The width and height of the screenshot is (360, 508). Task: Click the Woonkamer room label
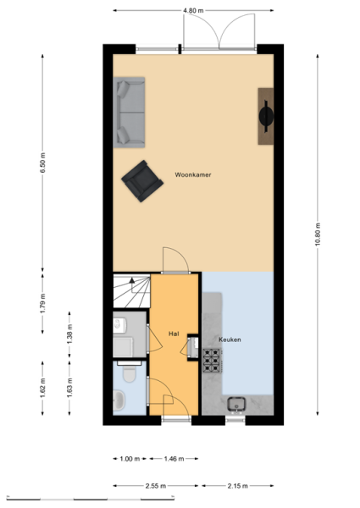(193, 175)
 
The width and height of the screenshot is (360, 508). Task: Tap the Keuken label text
(230, 340)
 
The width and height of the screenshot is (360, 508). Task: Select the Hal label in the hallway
(174, 334)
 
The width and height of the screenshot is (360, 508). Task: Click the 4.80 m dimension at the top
(193, 11)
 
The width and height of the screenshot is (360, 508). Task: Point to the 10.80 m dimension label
(318, 235)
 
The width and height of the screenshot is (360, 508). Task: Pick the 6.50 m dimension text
(42, 163)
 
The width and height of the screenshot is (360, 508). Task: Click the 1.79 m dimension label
(42, 303)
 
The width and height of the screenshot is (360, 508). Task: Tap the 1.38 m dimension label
(69, 334)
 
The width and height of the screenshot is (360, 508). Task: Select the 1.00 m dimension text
(130, 459)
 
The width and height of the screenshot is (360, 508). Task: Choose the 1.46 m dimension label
(174, 459)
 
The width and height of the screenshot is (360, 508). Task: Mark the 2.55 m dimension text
(156, 486)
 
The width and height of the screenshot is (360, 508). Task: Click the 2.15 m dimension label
(237, 486)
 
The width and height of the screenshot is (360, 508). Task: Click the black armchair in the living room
(142, 181)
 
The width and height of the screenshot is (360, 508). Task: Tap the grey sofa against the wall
(129, 113)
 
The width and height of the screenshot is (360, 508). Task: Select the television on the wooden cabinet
(266, 116)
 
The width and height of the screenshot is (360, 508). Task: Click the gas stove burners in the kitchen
(212, 361)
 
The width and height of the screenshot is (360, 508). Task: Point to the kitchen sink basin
(236, 405)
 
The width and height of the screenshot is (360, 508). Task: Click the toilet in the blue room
(130, 372)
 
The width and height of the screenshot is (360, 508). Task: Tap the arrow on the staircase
(132, 280)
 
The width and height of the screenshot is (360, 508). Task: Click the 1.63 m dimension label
(69, 388)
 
